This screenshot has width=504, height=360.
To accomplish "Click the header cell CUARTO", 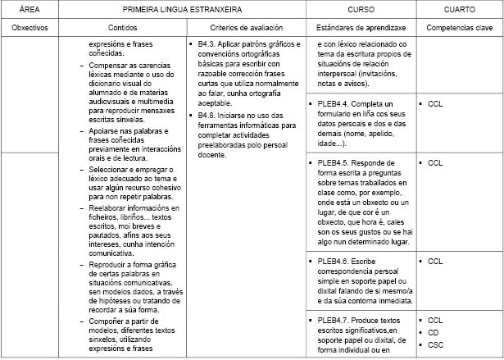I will (x=458, y=9).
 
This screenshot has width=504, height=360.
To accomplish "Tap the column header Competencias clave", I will (x=458, y=27).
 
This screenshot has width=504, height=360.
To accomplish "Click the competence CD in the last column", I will (x=434, y=332).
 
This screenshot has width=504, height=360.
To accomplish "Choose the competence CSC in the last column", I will (x=436, y=345).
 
